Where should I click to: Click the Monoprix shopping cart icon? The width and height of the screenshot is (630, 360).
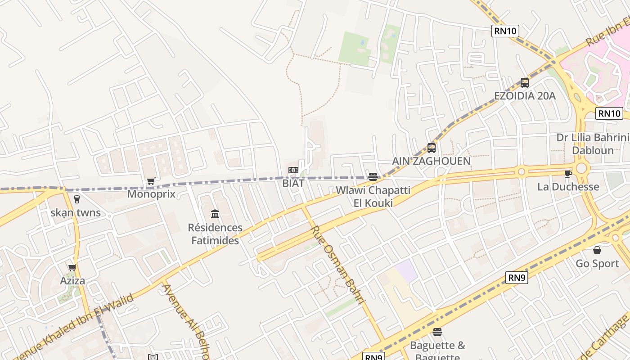coord(151,181)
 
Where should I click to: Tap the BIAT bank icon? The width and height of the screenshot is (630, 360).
coord(293,170)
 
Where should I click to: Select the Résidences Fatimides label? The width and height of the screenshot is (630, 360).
coord(215,234)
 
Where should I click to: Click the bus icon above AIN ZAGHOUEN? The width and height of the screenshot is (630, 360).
coord(432,148)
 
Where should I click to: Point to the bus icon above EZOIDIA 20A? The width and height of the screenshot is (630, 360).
coord(525,83)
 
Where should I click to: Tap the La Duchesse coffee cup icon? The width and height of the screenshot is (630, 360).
coord(568,174)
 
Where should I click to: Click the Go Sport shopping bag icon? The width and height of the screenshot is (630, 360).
coord(597,250)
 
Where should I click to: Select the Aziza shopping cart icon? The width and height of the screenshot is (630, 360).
coord(72,268)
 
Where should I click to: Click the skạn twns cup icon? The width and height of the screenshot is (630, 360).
coord(76,199)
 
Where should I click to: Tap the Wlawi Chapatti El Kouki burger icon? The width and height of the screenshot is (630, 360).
coord(373,177)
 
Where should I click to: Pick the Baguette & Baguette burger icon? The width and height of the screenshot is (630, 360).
coord(437,332)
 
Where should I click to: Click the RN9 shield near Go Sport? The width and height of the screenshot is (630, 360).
coord(517,278)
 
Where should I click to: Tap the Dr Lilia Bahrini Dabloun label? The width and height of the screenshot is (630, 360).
coord(593,144)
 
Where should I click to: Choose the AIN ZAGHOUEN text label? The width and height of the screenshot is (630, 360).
coord(431,161)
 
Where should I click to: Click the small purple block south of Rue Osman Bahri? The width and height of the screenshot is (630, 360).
coord(406,271)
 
